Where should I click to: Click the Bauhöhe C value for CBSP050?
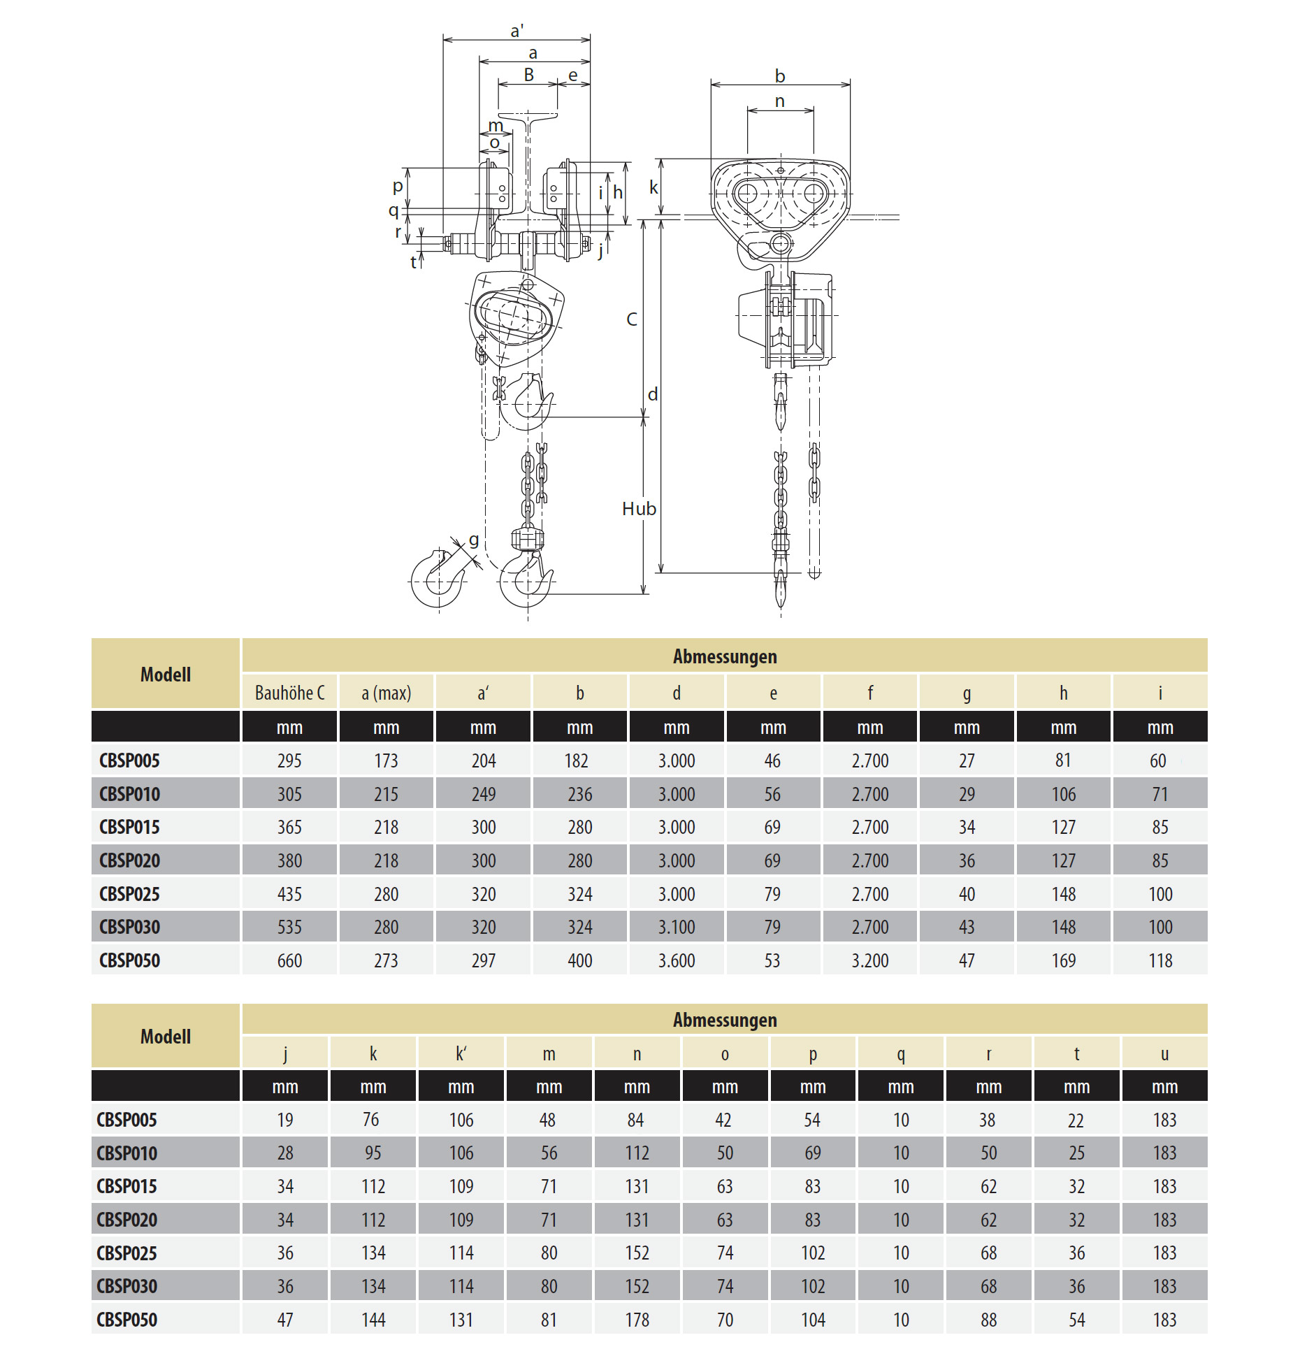click(289, 960)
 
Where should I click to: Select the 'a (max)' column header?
click(386, 693)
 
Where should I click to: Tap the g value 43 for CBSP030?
click(967, 927)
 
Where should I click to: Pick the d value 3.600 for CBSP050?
click(676, 960)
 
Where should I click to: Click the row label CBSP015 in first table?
click(129, 827)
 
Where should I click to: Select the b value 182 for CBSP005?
click(576, 760)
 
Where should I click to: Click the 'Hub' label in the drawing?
click(639, 509)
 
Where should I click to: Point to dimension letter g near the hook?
click(474, 540)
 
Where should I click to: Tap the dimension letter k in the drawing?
click(653, 187)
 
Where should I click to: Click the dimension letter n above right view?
click(779, 101)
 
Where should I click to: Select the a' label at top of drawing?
click(517, 31)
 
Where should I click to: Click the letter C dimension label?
click(632, 319)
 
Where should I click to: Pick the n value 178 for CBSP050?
click(637, 1320)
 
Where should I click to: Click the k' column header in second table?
click(461, 1054)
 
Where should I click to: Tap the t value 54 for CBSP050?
click(1076, 1320)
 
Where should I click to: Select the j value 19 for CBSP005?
click(284, 1120)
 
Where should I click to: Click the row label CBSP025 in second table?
click(127, 1253)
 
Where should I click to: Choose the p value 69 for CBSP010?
click(812, 1153)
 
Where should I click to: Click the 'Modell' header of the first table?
click(165, 675)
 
